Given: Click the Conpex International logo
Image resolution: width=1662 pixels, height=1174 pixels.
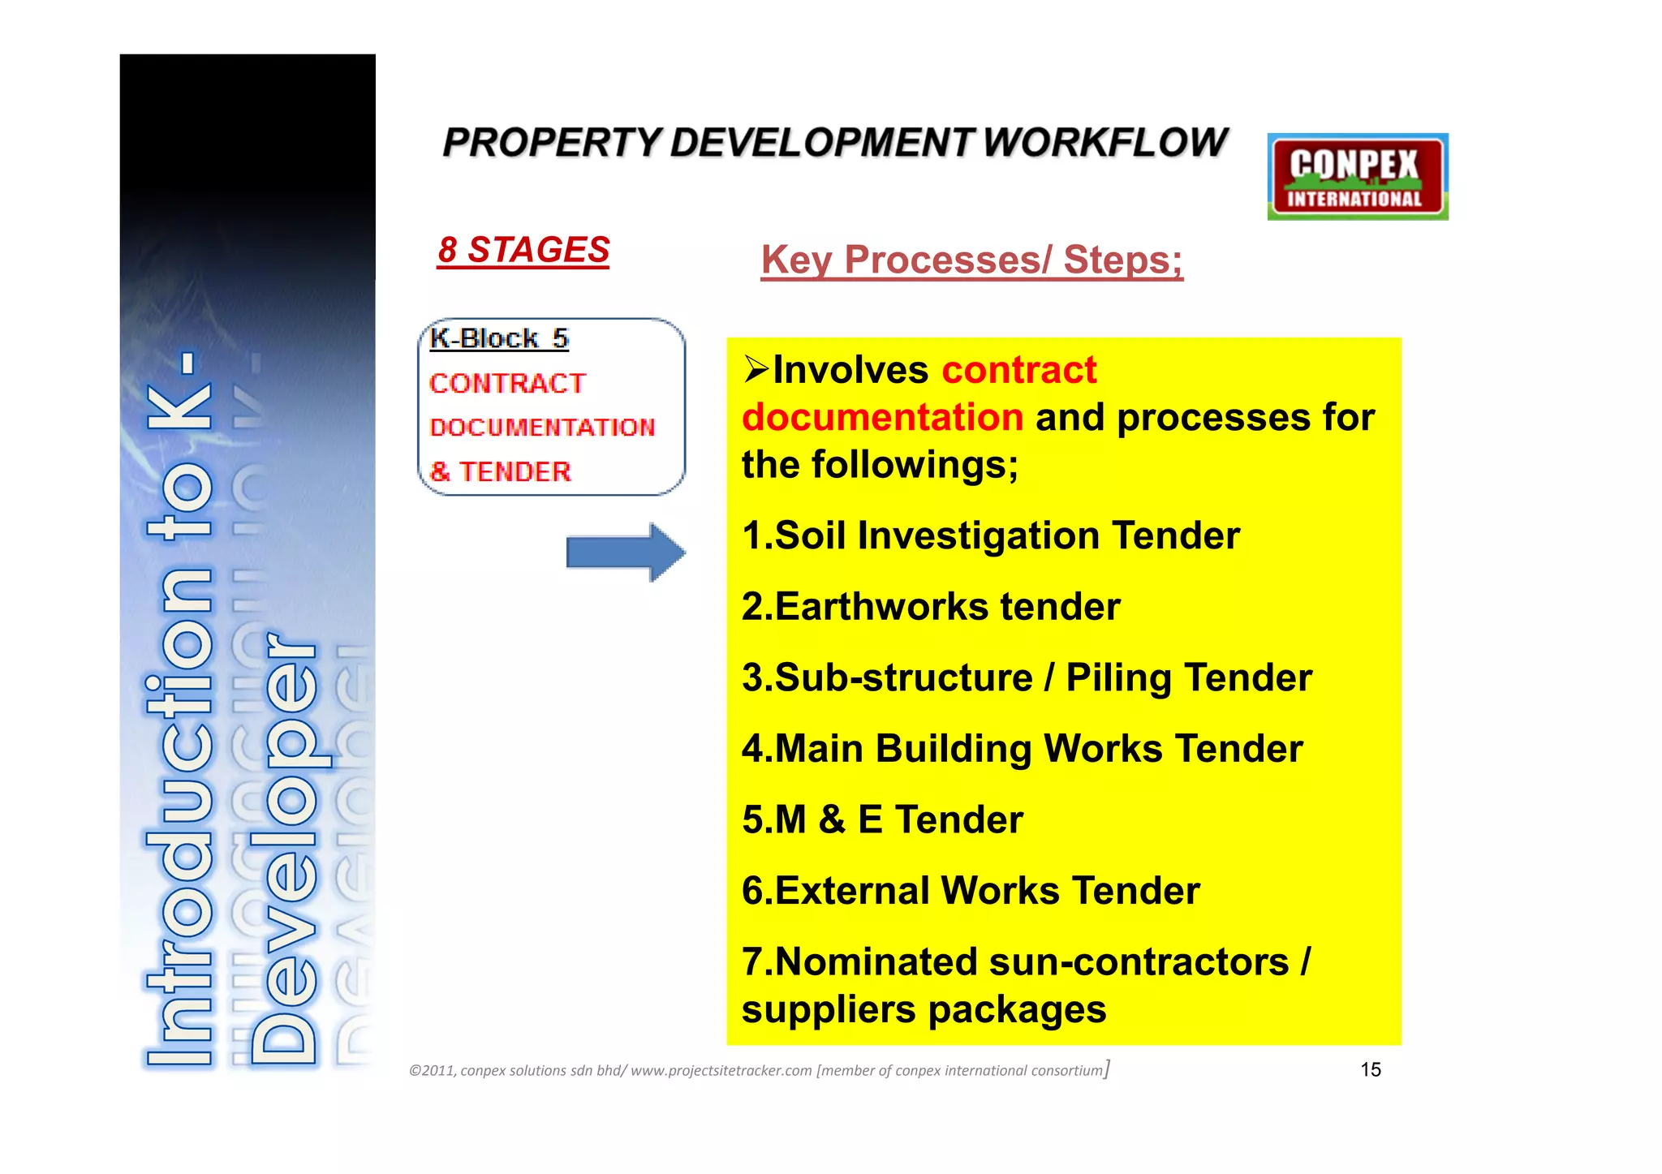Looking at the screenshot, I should [1357, 177].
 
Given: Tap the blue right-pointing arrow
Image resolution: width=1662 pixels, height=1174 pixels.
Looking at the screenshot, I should [625, 553].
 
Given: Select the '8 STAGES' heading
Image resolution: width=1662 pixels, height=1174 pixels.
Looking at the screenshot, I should [523, 250].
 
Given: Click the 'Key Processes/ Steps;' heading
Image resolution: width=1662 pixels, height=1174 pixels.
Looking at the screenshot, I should [971, 260].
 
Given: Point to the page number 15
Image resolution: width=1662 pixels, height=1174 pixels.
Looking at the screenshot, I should [1370, 1069].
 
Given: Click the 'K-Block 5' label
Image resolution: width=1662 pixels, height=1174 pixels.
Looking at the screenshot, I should [498, 338].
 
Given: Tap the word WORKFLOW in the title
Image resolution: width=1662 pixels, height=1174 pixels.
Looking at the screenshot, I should [1105, 143].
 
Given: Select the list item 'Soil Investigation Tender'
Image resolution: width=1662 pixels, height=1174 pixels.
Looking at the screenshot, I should [991, 536].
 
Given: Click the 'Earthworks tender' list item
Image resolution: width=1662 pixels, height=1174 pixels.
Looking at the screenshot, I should [931, 607].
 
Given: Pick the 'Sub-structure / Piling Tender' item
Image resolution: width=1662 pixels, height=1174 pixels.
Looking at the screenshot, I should [1027, 678].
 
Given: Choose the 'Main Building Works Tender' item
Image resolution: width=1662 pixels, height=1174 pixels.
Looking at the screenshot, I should [1023, 749].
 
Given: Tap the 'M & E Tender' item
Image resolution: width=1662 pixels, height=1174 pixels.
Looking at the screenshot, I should [882, 819].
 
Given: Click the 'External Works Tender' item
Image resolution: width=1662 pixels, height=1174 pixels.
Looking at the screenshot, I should [971, 891].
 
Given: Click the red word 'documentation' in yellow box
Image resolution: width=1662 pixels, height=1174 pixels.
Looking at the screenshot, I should [883, 418].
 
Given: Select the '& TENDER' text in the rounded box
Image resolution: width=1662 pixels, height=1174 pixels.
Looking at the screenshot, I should [500, 471].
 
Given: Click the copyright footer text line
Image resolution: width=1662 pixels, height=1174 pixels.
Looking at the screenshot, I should [759, 1070].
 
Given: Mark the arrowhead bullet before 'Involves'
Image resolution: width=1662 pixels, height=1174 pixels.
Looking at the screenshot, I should [756, 370].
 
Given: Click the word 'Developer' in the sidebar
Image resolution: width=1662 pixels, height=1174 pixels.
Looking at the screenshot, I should [284, 848].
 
